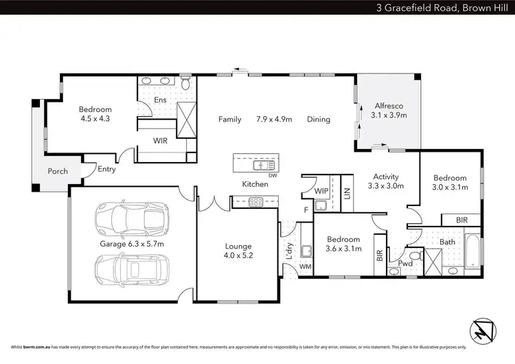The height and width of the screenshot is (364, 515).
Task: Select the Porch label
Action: coord(58,171)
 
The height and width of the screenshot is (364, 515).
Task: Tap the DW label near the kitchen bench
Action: coord(273,175)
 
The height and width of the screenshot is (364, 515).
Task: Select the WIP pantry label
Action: coord(320,190)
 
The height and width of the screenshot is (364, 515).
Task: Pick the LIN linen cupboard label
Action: coord(346,192)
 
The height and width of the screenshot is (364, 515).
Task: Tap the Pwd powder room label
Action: coord(405,263)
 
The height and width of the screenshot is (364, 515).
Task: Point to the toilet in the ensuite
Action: coord(186,83)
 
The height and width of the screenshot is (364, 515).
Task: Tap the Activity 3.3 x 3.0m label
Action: coord(386,181)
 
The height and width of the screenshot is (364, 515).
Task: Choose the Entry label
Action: coord(106,170)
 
